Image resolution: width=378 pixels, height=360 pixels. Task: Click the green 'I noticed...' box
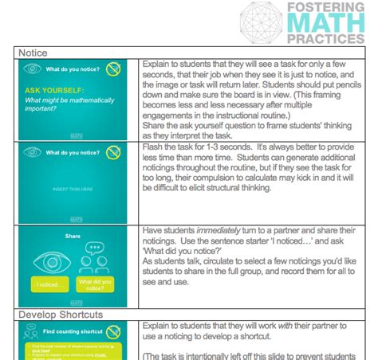pos(49,284)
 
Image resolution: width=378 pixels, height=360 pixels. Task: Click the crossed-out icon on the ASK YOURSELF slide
pos(114,68)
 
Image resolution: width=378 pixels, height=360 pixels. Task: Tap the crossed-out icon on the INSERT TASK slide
pos(114,151)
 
